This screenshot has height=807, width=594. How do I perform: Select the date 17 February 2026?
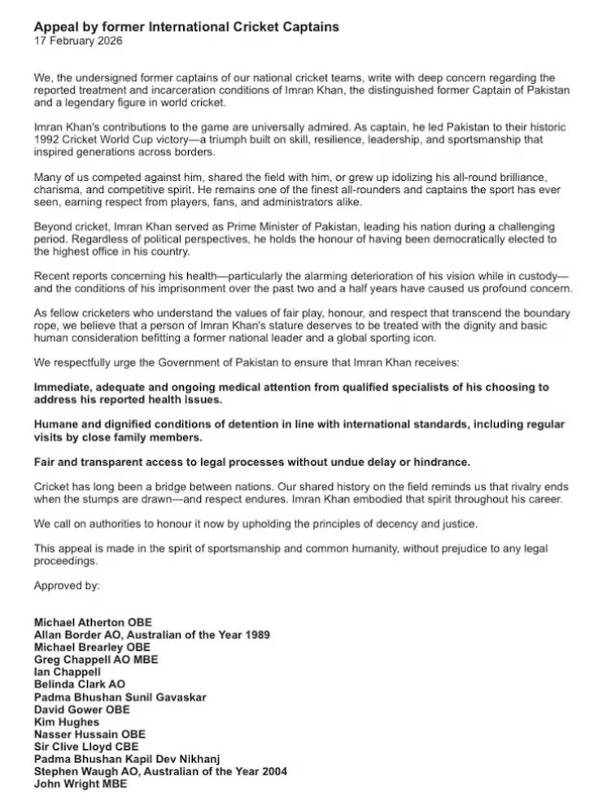point(79,40)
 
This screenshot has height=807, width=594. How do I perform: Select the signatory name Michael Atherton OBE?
point(93,622)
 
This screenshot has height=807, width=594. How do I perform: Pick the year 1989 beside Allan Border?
point(254,634)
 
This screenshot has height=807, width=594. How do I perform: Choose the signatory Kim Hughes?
point(67,722)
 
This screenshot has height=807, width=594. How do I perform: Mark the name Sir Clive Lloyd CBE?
point(86,747)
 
